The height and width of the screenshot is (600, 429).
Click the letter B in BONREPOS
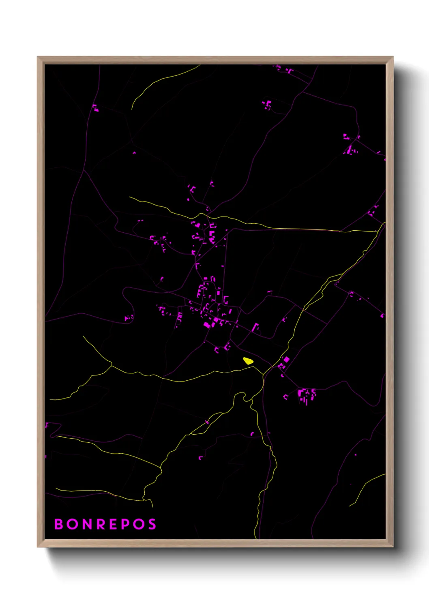pyautogui.click(x=59, y=524)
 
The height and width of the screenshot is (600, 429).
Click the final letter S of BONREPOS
pyautogui.click(x=152, y=524)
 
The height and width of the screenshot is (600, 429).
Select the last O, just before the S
pyautogui.click(x=138, y=524)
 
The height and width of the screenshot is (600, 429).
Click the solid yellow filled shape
pyautogui.click(x=248, y=360)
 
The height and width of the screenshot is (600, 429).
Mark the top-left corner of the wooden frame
pyautogui.click(x=38, y=57)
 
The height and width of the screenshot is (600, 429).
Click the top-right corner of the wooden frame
pyautogui.click(x=393, y=57)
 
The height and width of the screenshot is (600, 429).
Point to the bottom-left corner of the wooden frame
pyautogui.click(x=38, y=546)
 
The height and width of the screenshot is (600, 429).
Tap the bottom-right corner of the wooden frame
pyautogui.click(x=393, y=546)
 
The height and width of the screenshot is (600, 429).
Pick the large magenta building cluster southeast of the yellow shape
pyautogui.click(x=306, y=395)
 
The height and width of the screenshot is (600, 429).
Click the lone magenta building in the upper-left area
pyautogui.click(x=95, y=108)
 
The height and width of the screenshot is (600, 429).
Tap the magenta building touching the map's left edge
pyautogui.click(x=46, y=425)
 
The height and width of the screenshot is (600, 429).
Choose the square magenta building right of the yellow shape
pyautogui.click(x=286, y=359)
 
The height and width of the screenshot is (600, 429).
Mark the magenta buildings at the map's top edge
pyautogui.click(x=284, y=69)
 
